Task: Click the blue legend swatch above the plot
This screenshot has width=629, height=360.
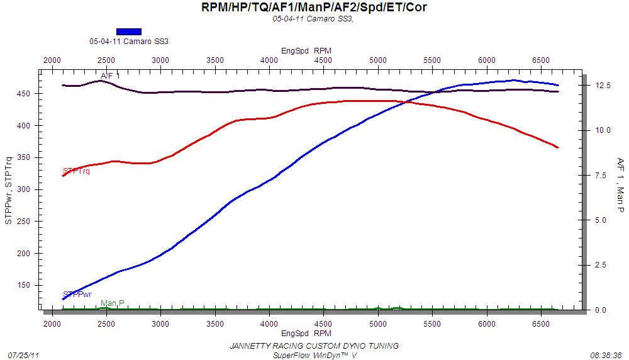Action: tap(129, 31)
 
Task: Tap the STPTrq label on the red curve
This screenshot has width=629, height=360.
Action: tap(77, 171)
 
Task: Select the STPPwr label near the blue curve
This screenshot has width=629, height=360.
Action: tap(77, 293)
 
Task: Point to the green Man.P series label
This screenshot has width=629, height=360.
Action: tap(113, 303)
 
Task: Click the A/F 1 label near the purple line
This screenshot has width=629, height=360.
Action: tap(111, 76)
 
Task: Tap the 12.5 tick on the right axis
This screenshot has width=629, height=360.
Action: tap(603, 86)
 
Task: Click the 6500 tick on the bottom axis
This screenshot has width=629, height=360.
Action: tap(540, 323)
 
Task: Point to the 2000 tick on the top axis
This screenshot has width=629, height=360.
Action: tap(52, 60)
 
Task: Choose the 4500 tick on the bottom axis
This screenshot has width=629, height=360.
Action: tap(323, 323)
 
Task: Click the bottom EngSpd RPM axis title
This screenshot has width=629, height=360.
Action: tap(306, 333)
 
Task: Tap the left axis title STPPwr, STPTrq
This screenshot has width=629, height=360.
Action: tap(9, 190)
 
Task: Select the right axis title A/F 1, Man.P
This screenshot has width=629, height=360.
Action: tap(620, 184)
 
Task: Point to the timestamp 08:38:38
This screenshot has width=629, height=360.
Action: tap(606, 355)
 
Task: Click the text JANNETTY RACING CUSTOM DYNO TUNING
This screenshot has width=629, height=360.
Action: tap(314, 346)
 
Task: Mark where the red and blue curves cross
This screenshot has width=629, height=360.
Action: tap(406, 101)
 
